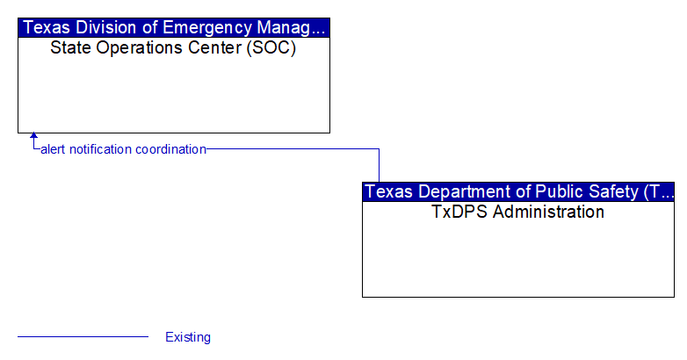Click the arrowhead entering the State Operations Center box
[x=33, y=136]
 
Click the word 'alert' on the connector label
[x=54, y=149]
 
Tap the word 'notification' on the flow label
[x=101, y=149]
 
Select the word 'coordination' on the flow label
[x=171, y=149]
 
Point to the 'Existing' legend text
[x=188, y=337]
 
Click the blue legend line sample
[x=83, y=337]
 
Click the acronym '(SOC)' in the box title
[x=271, y=47]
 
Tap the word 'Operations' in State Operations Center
[x=141, y=48]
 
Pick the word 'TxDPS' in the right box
[x=459, y=212]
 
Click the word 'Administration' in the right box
[x=548, y=212]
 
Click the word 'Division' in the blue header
[x=105, y=27]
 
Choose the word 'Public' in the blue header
[x=559, y=191]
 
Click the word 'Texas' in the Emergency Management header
[x=47, y=27]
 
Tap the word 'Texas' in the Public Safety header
[x=388, y=191]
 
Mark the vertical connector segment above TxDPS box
[x=379, y=166]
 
